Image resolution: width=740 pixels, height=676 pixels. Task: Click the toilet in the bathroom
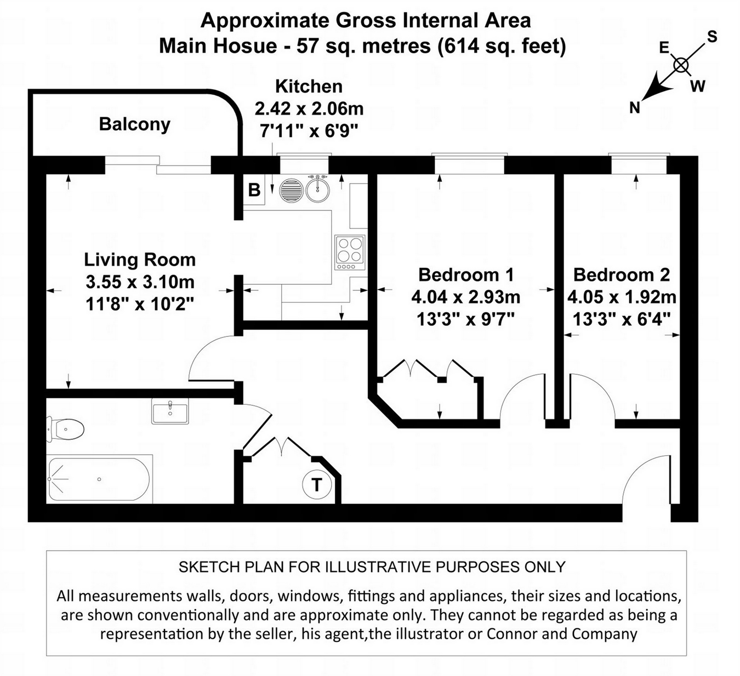click(x=65, y=429)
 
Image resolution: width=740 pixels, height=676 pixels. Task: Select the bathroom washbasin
click(x=170, y=411)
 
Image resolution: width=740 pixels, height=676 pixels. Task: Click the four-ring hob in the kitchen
click(x=350, y=253)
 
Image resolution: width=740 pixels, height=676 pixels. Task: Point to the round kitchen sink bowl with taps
click(x=317, y=189)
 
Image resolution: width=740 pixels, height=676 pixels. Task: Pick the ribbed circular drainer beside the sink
click(x=292, y=190)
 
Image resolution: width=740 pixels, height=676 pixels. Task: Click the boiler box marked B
click(x=254, y=190)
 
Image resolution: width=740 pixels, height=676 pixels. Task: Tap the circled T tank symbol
click(x=317, y=484)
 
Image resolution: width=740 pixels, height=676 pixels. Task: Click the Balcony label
click(x=135, y=125)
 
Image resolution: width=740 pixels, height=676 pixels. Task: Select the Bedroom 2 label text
click(x=622, y=275)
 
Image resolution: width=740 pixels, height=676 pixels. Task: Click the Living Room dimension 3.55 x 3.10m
click(x=140, y=282)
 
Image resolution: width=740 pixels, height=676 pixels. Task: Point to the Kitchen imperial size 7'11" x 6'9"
click(x=309, y=130)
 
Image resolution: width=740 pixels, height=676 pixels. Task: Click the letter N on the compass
click(x=635, y=108)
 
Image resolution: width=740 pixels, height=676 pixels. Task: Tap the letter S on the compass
click(x=712, y=37)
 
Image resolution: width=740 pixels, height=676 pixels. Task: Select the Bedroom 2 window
click(x=639, y=163)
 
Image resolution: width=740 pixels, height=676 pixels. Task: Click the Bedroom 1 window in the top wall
click(x=469, y=163)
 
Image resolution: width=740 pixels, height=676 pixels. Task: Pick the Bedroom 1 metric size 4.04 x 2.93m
click(x=466, y=297)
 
